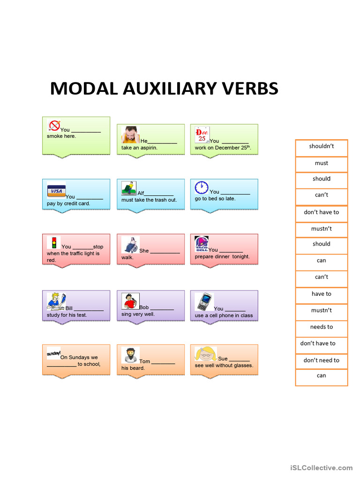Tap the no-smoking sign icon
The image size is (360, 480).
pos(54,125)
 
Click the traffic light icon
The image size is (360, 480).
pos(54,242)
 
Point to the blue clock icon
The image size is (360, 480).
pos(202,187)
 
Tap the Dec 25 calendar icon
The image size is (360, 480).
pos(202,135)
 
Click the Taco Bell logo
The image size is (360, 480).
pos(202,244)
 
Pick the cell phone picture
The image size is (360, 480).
pos(204,302)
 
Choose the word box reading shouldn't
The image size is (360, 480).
pos(322,148)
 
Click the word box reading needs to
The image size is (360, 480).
pos(322,329)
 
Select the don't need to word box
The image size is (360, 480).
pos(322,361)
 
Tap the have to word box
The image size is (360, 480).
pos(322,295)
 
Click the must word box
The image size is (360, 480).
pos(322,165)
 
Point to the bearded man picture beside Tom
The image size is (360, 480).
pos(130,355)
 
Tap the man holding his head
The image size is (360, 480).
pos(130,135)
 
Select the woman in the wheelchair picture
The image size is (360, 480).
pos(130,245)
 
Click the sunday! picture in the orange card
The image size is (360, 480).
pos(53,353)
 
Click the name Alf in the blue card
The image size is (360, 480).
pos(141,193)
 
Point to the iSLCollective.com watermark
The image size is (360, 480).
pos(322,468)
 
